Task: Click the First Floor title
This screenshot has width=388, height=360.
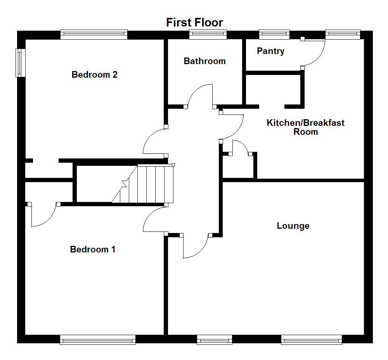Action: coord(194,22)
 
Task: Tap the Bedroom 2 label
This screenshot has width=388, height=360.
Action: coord(94,75)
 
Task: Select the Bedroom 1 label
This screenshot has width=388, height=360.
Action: coord(92,249)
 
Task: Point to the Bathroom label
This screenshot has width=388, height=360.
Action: coord(204,61)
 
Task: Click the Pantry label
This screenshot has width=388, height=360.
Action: coord(270,51)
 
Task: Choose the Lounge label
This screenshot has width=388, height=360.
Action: coord(293,226)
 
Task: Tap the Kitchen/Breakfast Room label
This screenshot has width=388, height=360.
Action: coord(305,127)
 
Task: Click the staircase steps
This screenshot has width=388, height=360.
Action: coord(151,184)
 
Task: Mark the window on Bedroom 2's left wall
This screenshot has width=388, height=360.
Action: coord(19,63)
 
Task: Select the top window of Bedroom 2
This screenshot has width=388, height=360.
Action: coord(94,35)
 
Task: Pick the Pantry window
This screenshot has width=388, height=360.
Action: coord(274,35)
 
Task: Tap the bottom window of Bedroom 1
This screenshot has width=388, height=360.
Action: coord(98,340)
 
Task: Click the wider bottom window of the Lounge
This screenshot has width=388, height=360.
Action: coord(312,340)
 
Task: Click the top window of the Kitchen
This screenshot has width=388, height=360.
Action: coord(343,35)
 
